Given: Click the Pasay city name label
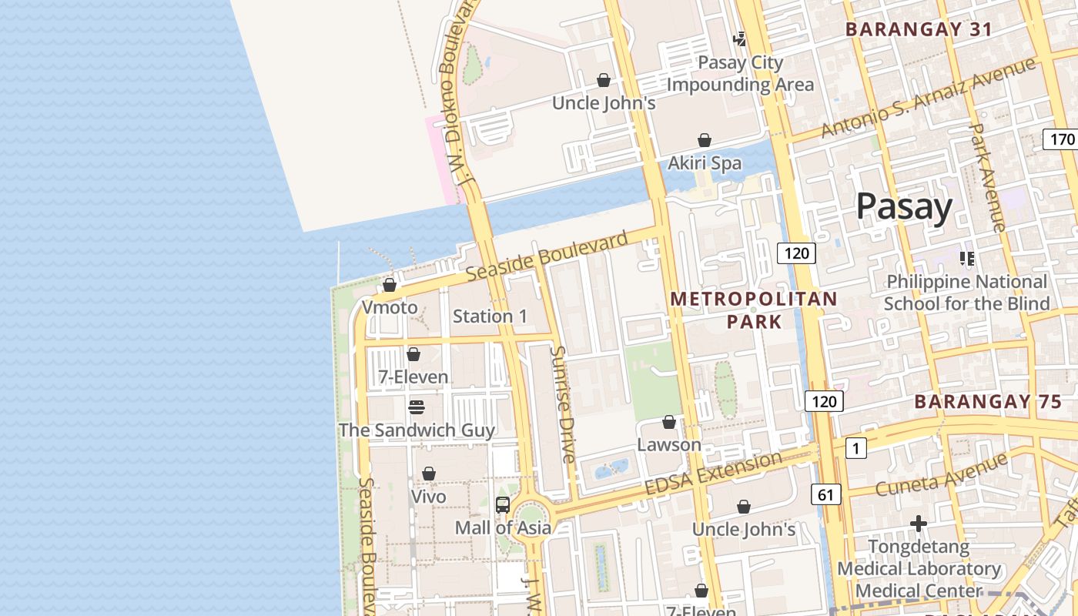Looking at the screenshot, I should [x=904, y=207].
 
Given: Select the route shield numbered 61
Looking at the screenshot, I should [x=825, y=494].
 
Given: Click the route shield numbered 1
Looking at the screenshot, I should [x=855, y=448].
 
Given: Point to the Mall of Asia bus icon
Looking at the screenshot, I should [x=503, y=505].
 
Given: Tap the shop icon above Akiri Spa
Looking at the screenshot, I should [x=704, y=140].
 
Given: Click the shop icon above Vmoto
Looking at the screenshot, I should [x=390, y=285].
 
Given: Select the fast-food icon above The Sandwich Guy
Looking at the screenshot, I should [x=417, y=407].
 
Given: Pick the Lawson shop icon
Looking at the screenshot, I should [x=669, y=422].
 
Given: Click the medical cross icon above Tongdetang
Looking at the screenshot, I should [x=918, y=524].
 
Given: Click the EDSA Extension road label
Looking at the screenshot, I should [x=712, y=475].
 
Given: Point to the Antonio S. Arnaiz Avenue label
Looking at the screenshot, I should [x=927, y=98].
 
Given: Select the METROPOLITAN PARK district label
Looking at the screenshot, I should [x=754, y=310].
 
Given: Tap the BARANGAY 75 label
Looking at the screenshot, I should [x=987, y=401].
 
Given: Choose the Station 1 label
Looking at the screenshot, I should [x=490, y=316].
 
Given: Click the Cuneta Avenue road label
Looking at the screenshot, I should [x=941, y=474].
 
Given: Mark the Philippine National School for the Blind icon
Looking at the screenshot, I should [x=966, y=259].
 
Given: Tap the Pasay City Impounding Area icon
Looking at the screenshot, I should [x=739, y=38].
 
